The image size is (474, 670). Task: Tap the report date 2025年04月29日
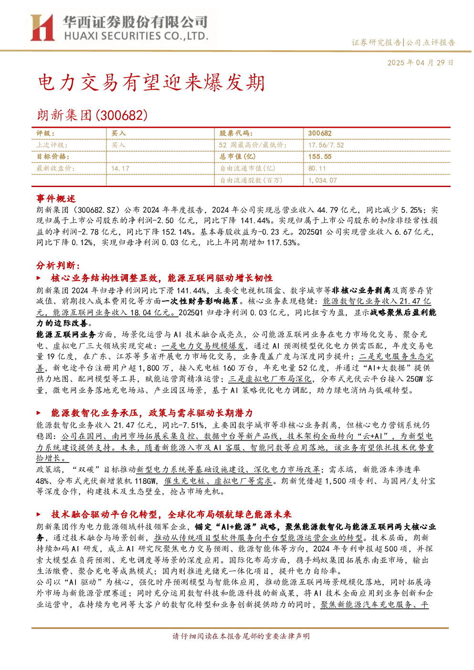(x=420, y=63)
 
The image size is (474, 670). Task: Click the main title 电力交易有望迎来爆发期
(x=151, y=83)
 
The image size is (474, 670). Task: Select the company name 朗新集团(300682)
(x=93, y=115)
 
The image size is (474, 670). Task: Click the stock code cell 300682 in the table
(x=320, y=134)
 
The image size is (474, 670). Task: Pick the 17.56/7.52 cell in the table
(x=326, y=145)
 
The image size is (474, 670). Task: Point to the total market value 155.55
(x=320, y=157)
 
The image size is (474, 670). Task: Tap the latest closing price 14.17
(x=120, y=168)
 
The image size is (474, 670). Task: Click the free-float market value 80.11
(x=317, y=168)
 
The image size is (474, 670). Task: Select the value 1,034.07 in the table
(x=322, y=180)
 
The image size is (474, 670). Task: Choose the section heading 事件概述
(x=56, y=199)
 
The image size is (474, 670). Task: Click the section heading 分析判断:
(x=58, y=265)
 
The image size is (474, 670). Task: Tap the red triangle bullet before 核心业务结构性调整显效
(x=39, y=278)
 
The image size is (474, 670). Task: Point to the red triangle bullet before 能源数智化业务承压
(x=39, y=413)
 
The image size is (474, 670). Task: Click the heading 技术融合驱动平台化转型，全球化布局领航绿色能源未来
(x=171, y=514)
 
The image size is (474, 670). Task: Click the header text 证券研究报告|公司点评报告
(x=403, y=42)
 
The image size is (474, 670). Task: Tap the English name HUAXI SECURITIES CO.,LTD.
(x=136, y=36)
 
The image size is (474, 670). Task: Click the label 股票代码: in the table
(x=236, y=134)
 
